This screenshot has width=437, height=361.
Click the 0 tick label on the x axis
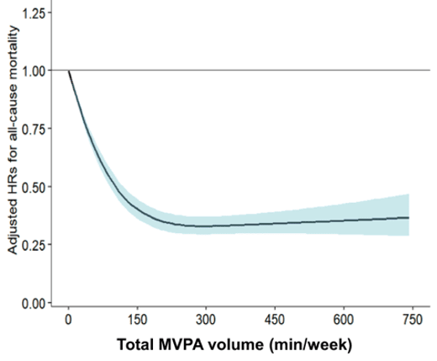click(69, 319)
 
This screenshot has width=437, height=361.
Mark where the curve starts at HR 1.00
click(69, 71)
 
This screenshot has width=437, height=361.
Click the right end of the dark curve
click(409, 218)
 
